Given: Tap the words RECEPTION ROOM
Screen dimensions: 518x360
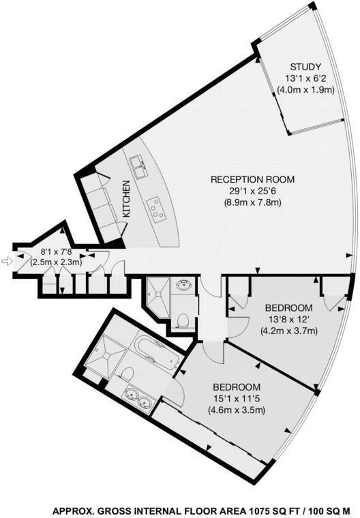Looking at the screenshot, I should click(252, 179).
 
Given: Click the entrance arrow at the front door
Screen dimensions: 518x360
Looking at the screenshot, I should click(7, 260).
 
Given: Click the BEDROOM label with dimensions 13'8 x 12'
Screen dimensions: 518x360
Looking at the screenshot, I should click(289, 307).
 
